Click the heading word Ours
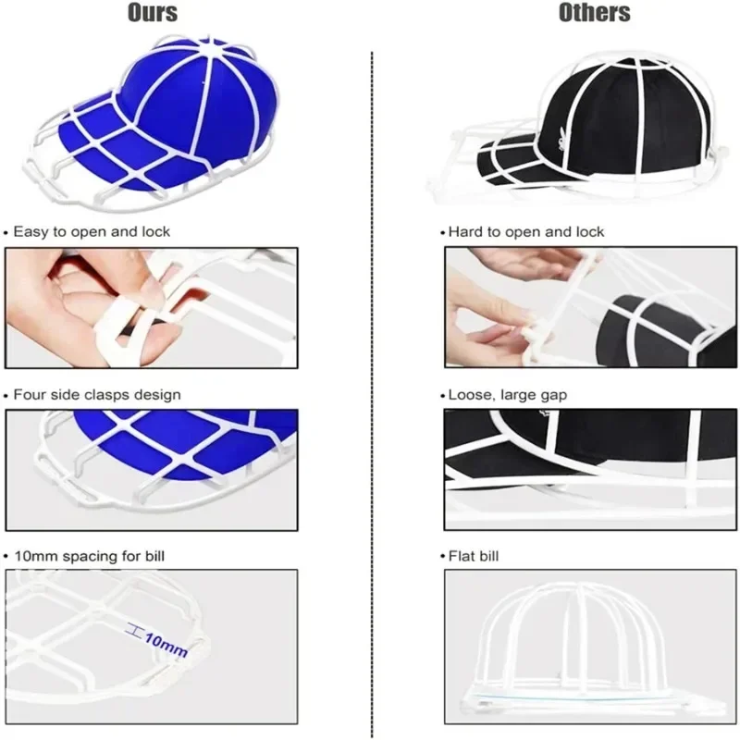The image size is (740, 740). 153,13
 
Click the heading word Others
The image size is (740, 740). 594,13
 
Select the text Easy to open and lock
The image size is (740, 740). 92,231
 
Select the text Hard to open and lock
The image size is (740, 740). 526,231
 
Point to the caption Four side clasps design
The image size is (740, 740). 97,395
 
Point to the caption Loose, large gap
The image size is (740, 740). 508,395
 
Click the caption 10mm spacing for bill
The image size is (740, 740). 90,556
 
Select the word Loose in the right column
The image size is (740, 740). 469,395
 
